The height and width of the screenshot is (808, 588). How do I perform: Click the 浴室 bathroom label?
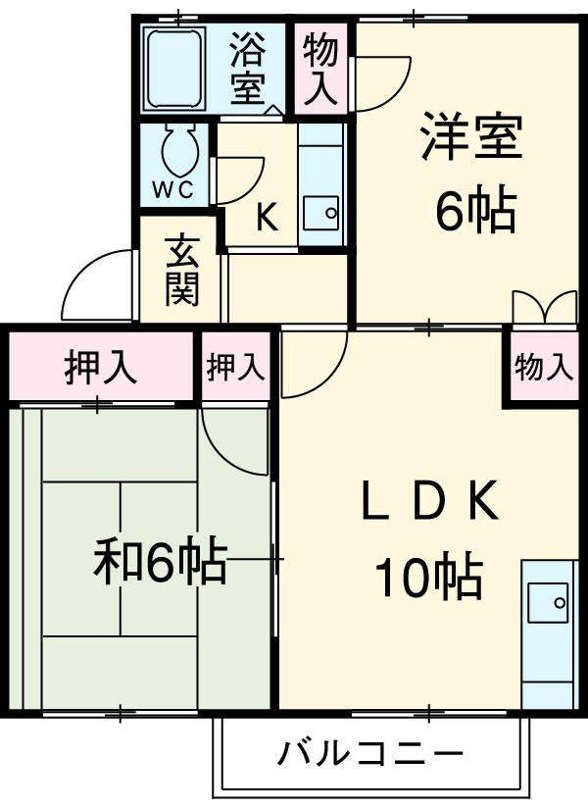point(247,69)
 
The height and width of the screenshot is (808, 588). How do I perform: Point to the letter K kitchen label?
point(267,217)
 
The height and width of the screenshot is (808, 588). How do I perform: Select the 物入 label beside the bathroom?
point(320,70)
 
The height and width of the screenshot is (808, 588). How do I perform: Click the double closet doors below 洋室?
point(545,306)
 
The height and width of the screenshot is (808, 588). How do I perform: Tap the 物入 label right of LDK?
point(543,368)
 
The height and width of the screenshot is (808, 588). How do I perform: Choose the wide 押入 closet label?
point(100,367)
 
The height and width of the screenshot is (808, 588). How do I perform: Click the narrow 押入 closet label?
point(236,367)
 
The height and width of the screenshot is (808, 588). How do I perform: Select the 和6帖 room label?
point(160,563)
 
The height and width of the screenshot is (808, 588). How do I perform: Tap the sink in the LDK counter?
point(546,601)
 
